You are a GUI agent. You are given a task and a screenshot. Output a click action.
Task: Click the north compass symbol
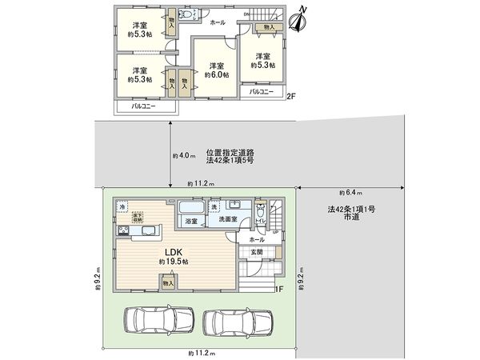point(300,20)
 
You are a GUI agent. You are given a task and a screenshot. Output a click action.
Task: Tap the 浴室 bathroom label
point(191,220)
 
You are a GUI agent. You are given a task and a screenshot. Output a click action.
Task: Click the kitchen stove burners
point(126,232)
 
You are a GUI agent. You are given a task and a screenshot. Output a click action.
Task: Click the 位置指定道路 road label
point(228,152)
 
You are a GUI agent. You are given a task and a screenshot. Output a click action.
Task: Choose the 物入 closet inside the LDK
point(169,282)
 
